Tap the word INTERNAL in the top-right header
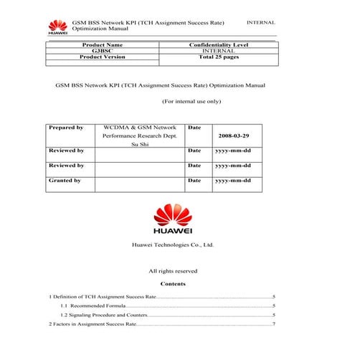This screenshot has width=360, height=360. click(x=260, y=23)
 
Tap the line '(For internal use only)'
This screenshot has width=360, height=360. click(x=191, y=102)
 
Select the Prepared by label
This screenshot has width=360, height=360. click(x=65, y=127)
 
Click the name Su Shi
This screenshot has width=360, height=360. click(x=140, y=144)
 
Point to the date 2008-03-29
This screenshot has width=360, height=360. click(x=232, y=135)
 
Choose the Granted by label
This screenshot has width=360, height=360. click(x=65, y=181)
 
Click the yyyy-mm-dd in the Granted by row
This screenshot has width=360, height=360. click(x=232, y=181)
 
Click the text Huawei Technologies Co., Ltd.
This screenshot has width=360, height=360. click(x=173, y=245)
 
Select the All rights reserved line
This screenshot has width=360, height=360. click(x=173, y=271)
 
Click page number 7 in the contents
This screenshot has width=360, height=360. click(x=274, y=324)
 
